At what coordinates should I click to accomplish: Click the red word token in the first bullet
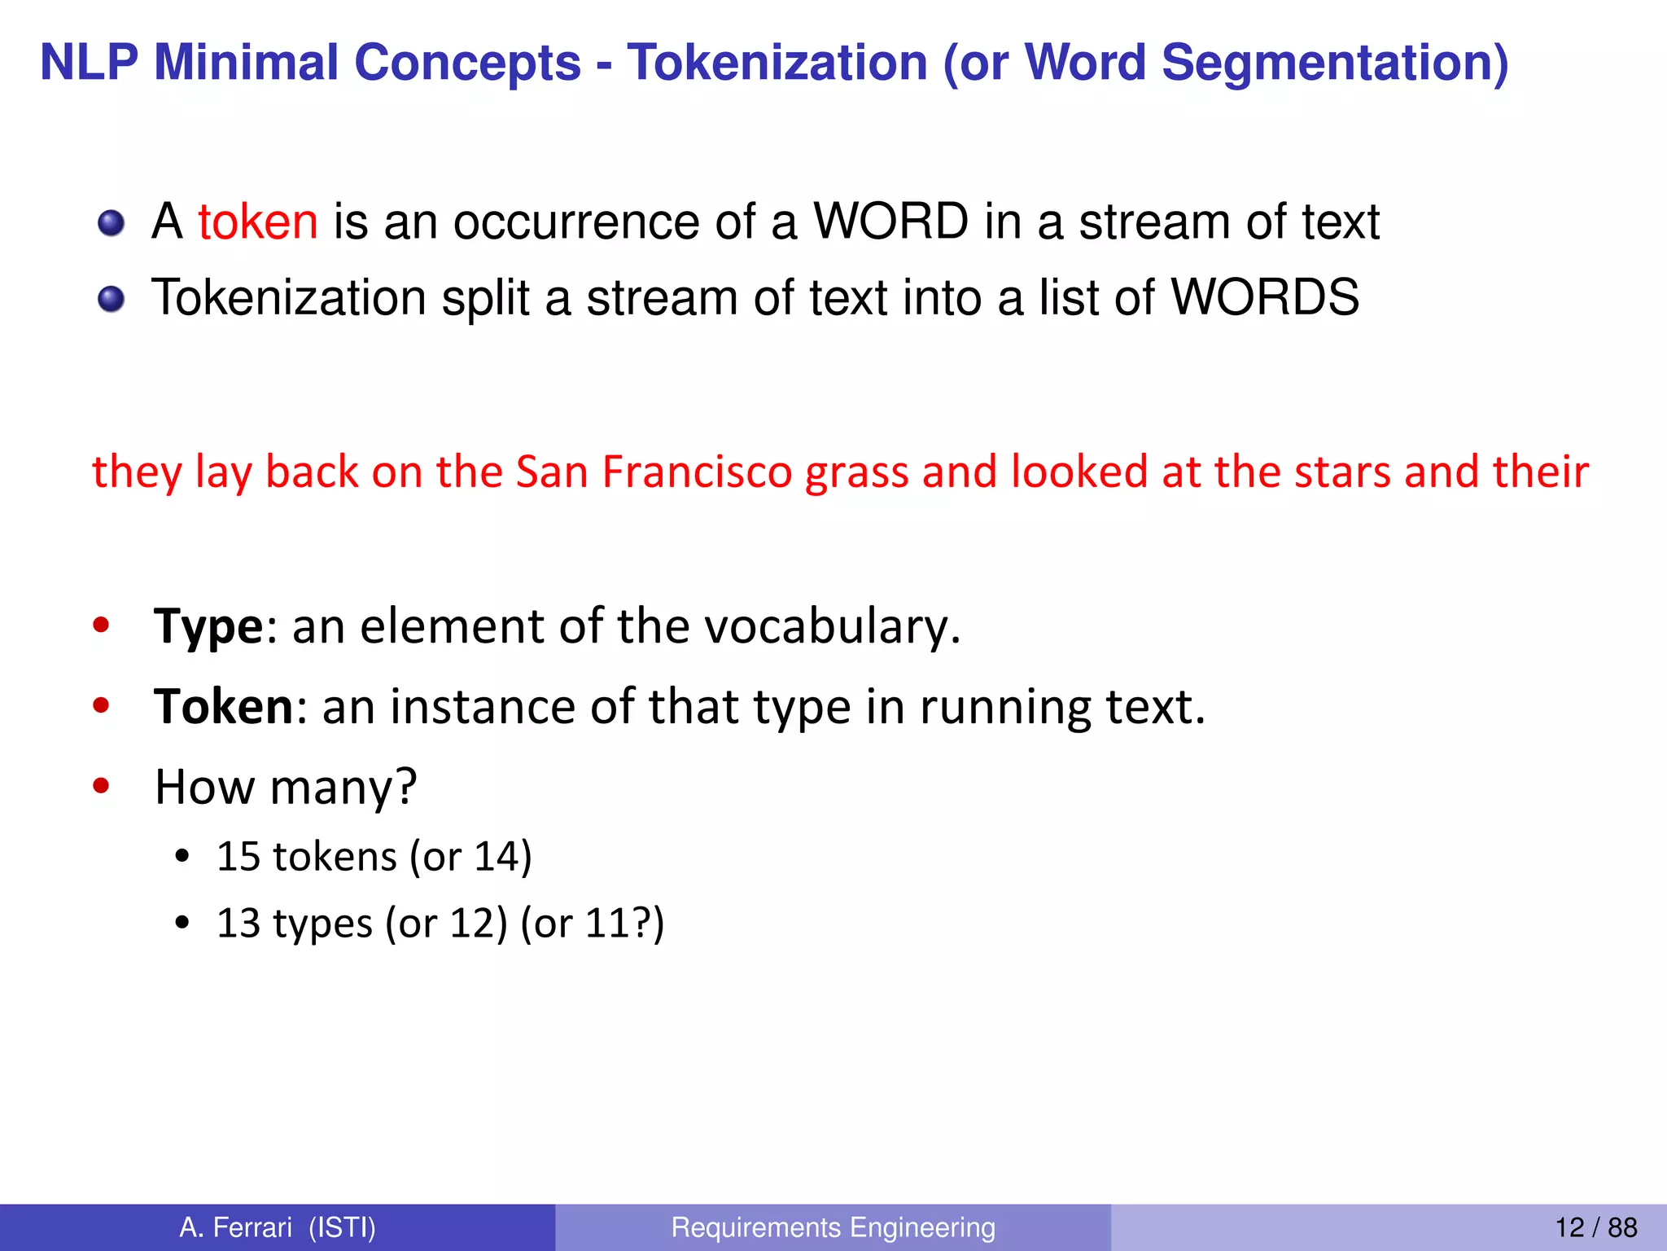pos(257,222)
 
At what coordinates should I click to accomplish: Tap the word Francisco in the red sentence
pos(697,472)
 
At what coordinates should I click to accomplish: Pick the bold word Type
pos(208,627)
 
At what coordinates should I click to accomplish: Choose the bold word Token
pos(223,706)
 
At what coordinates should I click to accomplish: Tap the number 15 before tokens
pos(238,857)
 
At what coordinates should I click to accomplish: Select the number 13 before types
pos(238,924)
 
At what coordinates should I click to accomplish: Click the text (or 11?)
pos(593,924)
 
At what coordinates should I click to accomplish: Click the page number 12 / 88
pos(1595,1227)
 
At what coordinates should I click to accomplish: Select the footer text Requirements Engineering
pos(833,1227)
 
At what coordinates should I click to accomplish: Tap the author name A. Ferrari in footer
pos(236,1227)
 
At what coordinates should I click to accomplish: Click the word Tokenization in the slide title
pos(777,63)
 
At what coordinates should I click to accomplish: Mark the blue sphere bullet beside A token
pos(111,222)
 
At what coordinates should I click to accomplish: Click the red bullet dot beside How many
pos(101,786)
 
